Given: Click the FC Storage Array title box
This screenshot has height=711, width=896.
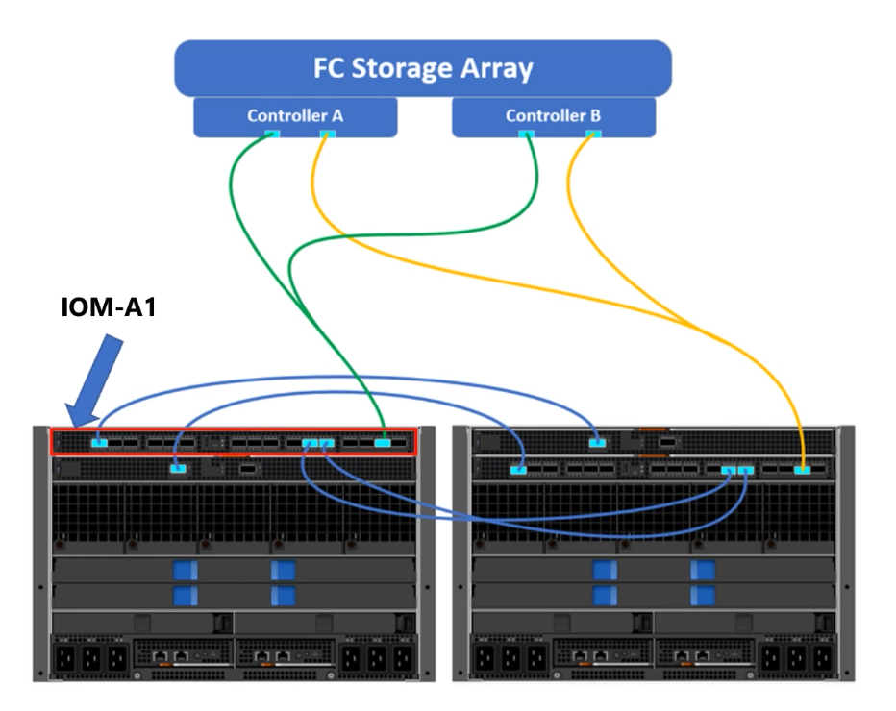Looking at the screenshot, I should [423, 69].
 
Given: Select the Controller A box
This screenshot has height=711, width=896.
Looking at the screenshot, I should [295, 116].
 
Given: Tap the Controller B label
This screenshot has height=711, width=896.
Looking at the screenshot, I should [553, 115].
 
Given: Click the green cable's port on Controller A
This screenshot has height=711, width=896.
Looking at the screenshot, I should [272, 134].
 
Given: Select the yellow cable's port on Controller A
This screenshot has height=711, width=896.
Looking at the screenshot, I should [326, 134].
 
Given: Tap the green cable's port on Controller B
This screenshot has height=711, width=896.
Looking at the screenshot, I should [526, 134].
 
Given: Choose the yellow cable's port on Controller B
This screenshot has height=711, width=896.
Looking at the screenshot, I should [592, 134].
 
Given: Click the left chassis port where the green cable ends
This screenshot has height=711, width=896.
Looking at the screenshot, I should [383, 443].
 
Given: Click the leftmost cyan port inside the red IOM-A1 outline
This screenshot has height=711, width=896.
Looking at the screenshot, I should [99, 443].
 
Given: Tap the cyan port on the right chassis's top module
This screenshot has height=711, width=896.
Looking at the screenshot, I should [597, 442].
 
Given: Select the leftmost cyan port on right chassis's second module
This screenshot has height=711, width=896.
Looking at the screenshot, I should [519, 469].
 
